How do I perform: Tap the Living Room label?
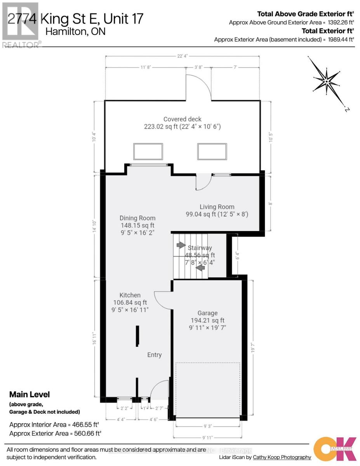click(217, 207)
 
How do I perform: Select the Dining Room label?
click(137, 218)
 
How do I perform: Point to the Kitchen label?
click(130, 295)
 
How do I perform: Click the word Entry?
click(154, 355)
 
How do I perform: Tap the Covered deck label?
click(182, 119)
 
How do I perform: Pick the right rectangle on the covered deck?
click(212, 151)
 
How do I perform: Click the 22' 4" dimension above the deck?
click(183, 56)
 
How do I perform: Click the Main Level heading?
click(30, 395)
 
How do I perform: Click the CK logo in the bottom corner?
click(335, 449)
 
